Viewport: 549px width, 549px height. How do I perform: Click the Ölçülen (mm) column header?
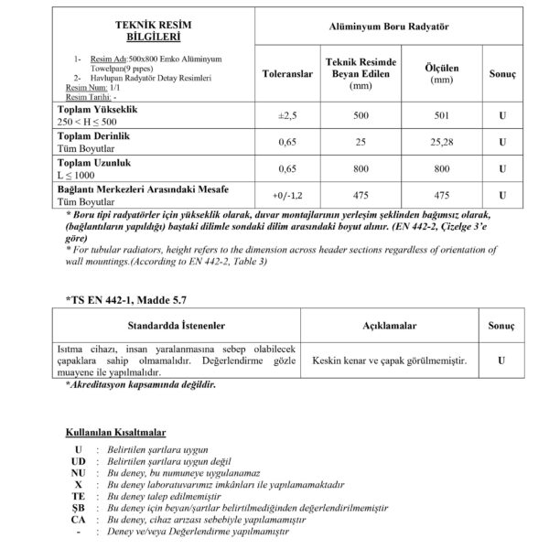[442, 72]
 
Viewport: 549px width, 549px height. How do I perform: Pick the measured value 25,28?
[442, 143]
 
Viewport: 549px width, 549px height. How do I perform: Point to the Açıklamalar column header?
[390, 325]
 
